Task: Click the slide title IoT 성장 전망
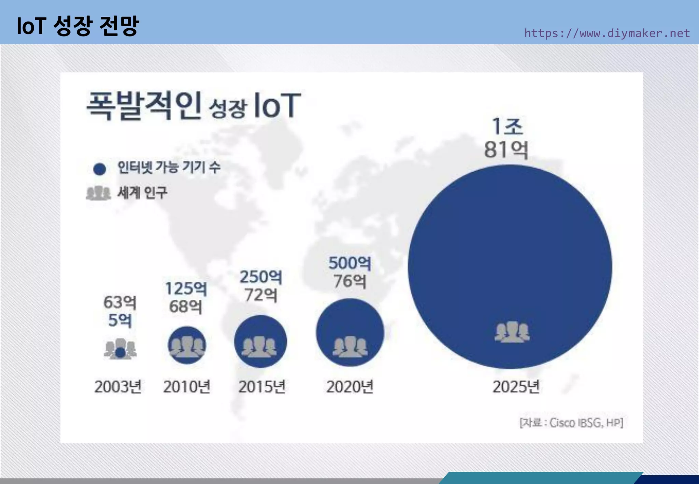click(78, 26)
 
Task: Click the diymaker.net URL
click(607, 33)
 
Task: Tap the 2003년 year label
click(118, 387)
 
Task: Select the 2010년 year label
click(187, 387)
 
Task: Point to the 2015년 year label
click(262, 387)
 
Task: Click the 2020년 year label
click(350, 387)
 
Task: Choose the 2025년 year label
click(516, 387)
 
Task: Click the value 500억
click(350, 263)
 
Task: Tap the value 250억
click(261, 277)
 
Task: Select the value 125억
click(186, 289)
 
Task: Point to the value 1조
click(507, 127)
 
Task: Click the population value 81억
click(506, 150)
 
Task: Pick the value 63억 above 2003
click(120, 302)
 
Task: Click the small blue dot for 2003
click(120, 352)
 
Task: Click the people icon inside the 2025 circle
click(512, 332)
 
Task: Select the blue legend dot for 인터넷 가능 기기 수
click(100, 169)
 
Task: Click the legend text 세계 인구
click(142, 193)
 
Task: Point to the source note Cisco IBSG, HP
click(571, 423)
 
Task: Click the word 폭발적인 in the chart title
click(144, 105)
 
